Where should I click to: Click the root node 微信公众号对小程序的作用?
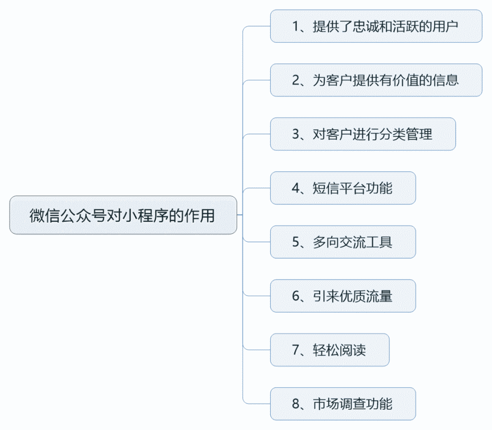(123, 215)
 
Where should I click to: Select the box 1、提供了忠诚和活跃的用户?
(376, 26)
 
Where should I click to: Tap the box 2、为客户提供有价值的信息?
(376, 80)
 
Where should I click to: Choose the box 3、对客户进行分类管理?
(363, 134)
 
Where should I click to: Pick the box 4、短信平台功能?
(343, 188)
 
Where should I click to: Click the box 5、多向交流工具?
(343, 242)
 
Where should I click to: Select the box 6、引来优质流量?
(343, 296)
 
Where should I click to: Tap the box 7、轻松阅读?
(329, 350)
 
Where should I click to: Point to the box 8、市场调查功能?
(343, 404)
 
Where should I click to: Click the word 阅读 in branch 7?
(353, 350)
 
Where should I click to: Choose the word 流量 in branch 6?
(379, 296)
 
